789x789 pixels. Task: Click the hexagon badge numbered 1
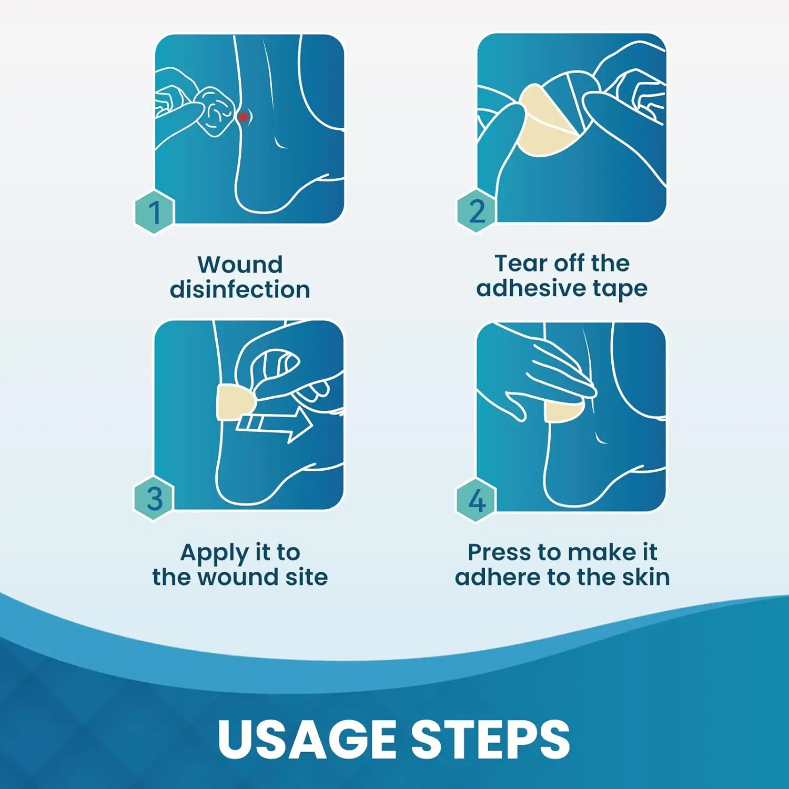pos(154,213)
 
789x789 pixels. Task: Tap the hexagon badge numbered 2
pos(476,211)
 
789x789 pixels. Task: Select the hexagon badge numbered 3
pos(154,499)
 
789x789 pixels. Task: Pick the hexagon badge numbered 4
pos(476,500)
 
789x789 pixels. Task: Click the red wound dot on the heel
pos(243,116)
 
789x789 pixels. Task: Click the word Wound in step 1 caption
pos(240,265)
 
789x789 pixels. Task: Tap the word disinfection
pos(240,289)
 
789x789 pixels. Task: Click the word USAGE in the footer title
pos(307,739)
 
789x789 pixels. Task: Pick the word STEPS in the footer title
pos(490,739)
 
